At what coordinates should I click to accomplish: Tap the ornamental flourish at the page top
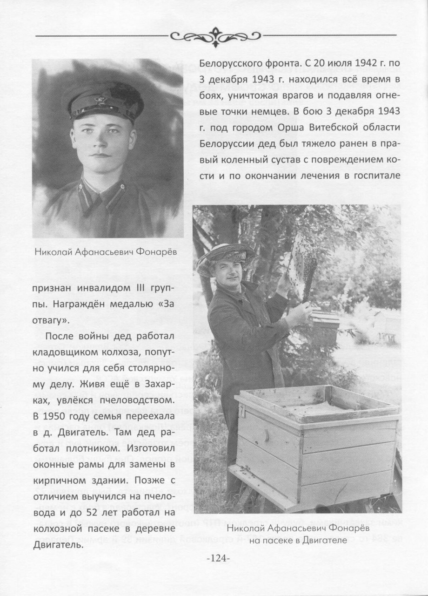pos(215,35)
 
